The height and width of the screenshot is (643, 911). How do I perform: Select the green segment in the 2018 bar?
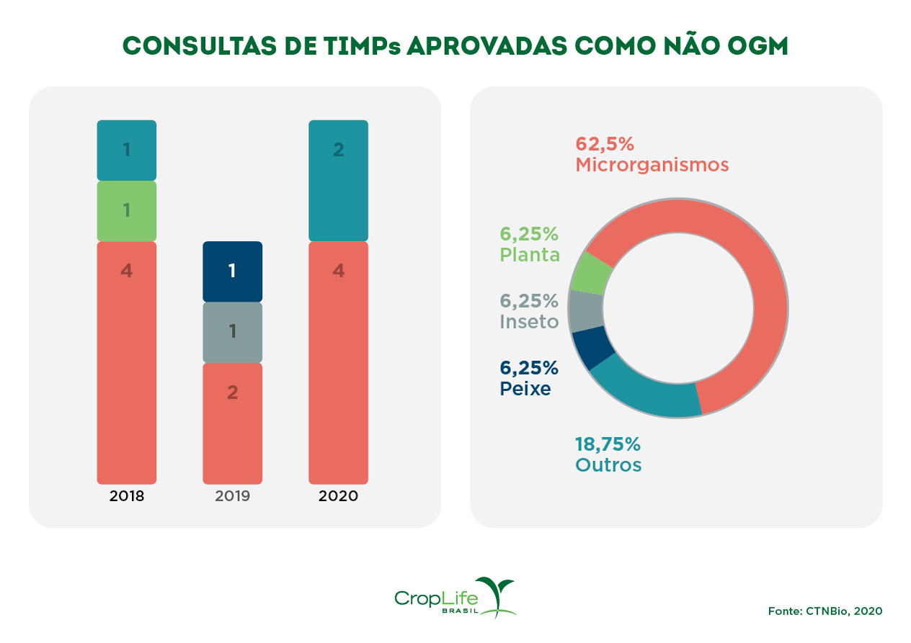(126, 210)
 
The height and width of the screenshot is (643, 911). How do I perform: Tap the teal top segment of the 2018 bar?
(126, 150)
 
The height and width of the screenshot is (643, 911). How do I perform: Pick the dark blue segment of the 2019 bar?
(232, 271)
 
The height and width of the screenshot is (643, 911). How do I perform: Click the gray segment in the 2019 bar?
(232, 332)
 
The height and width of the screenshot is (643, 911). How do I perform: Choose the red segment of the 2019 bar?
(232, 423)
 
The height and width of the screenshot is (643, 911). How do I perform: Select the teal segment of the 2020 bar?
(338, 180)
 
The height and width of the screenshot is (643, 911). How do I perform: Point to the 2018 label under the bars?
(127, 496)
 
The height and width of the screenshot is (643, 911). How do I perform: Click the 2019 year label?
(232, 496)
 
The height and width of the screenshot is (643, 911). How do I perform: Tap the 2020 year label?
(338, 496)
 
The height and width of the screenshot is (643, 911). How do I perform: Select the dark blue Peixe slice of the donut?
(593, 349)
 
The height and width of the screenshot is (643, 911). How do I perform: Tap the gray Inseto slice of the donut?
(585, 310)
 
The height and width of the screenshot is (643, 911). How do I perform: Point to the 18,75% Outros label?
(608, 454)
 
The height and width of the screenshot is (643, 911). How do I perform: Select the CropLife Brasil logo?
(455, 598)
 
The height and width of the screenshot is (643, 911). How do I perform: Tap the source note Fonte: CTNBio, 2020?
(825, 611)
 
